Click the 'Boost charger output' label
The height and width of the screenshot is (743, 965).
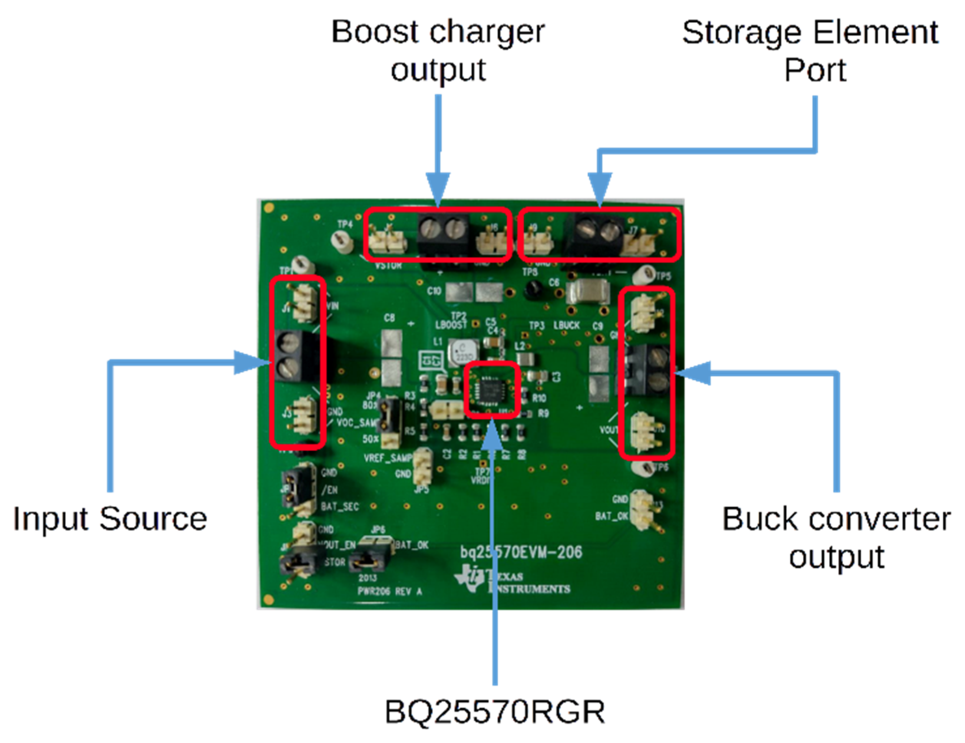click(x=438, y=51)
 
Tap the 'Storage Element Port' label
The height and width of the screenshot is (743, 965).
click(x=810, y=51)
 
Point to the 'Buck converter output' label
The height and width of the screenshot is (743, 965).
click(x=836, y=537)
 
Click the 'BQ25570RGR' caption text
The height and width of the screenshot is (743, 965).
click(x=495, y=712)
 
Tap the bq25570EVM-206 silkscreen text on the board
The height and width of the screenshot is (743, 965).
click(x=521, y=552)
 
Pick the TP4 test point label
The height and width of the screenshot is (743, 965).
click(x=345, y=224)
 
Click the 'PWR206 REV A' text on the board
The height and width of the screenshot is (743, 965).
click(x=390, y=591)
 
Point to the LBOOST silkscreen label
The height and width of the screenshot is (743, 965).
click(x=451, y=325)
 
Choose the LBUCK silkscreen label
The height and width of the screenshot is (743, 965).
click(x=567, y=325)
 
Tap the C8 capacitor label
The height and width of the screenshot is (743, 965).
click(x=389, y=318)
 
